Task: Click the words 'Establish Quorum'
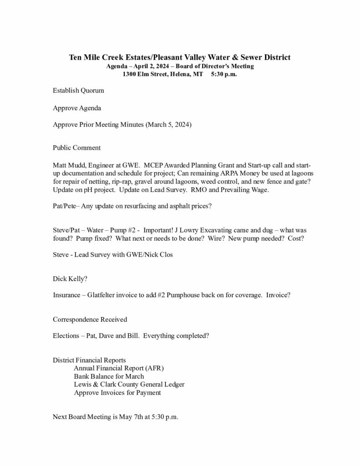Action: [78, 90]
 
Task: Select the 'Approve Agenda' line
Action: [77, 108]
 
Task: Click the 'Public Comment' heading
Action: [76, 148]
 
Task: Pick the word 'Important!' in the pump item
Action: [160, 231]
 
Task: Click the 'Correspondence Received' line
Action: [90, 319]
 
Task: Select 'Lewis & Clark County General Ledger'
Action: [129, 384]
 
